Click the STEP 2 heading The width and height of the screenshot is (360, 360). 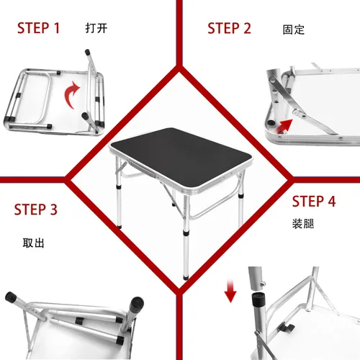[x=229, y=29]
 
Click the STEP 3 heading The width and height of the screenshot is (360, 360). [x=35, y=210]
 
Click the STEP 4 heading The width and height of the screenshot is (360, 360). [x=314, y=202]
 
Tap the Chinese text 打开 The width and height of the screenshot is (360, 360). [x=96, y=30]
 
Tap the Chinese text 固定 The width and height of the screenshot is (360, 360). [x=294, y=30]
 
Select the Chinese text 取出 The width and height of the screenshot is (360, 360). [x=33, y=243]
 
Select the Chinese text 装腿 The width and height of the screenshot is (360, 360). [x=302, y=222]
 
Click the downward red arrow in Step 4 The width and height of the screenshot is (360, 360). [x=230, y=292]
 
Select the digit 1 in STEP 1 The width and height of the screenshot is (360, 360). [x=56, y=29]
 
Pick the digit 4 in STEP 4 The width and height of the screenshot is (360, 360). [x=331, y=202]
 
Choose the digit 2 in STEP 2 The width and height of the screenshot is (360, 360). [x=247, y=29]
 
